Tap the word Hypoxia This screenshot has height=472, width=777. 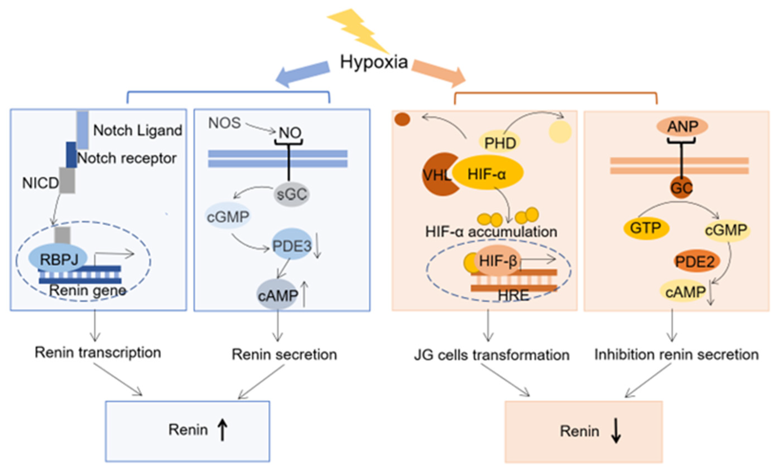coord(374,62)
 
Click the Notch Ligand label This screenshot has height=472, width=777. coord(138,130)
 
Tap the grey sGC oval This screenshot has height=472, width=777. coord(291,194)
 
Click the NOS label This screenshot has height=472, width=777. coord(224,123)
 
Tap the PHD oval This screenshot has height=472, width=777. coord(500,143)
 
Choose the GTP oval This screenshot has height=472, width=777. coord(646,228)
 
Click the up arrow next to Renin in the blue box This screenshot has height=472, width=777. coord(222,429)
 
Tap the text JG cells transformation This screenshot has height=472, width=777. coord(491,355)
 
